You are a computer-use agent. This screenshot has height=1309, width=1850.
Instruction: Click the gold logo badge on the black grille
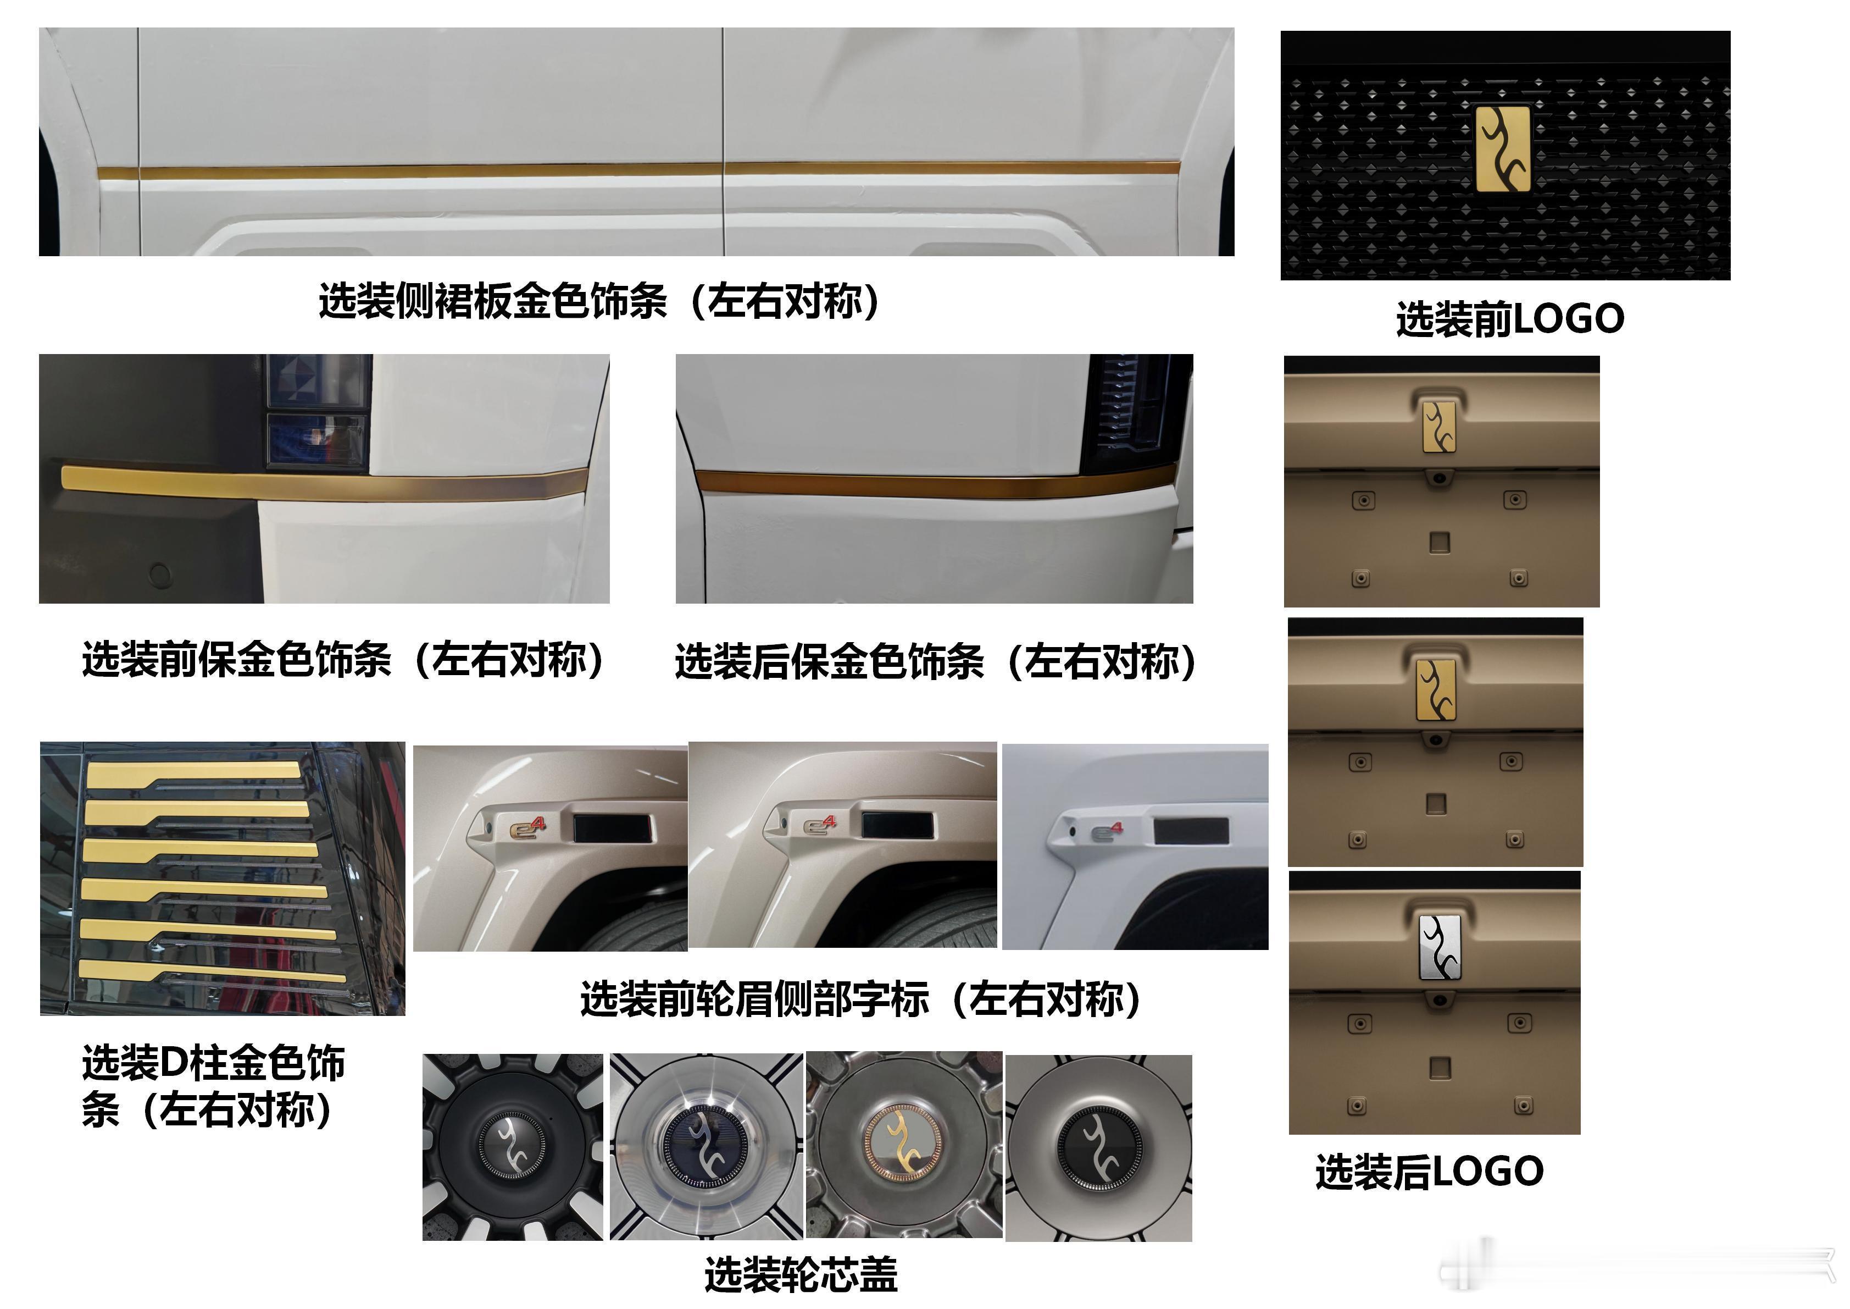click(x=1503, y=149)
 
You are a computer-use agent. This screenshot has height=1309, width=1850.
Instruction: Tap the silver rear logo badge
click(x=1440, y=947)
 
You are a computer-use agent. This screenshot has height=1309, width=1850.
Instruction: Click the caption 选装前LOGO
click(x=1510, y=319)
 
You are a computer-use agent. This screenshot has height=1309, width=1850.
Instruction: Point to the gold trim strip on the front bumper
click(x=323, y=483)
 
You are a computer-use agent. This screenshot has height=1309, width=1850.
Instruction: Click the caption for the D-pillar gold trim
click(x=214, y=1086)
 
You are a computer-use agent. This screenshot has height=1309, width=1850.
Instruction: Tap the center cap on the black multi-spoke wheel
click(x=513, y=1144)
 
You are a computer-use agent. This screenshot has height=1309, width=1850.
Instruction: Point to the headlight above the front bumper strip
click(x=318, y=411)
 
